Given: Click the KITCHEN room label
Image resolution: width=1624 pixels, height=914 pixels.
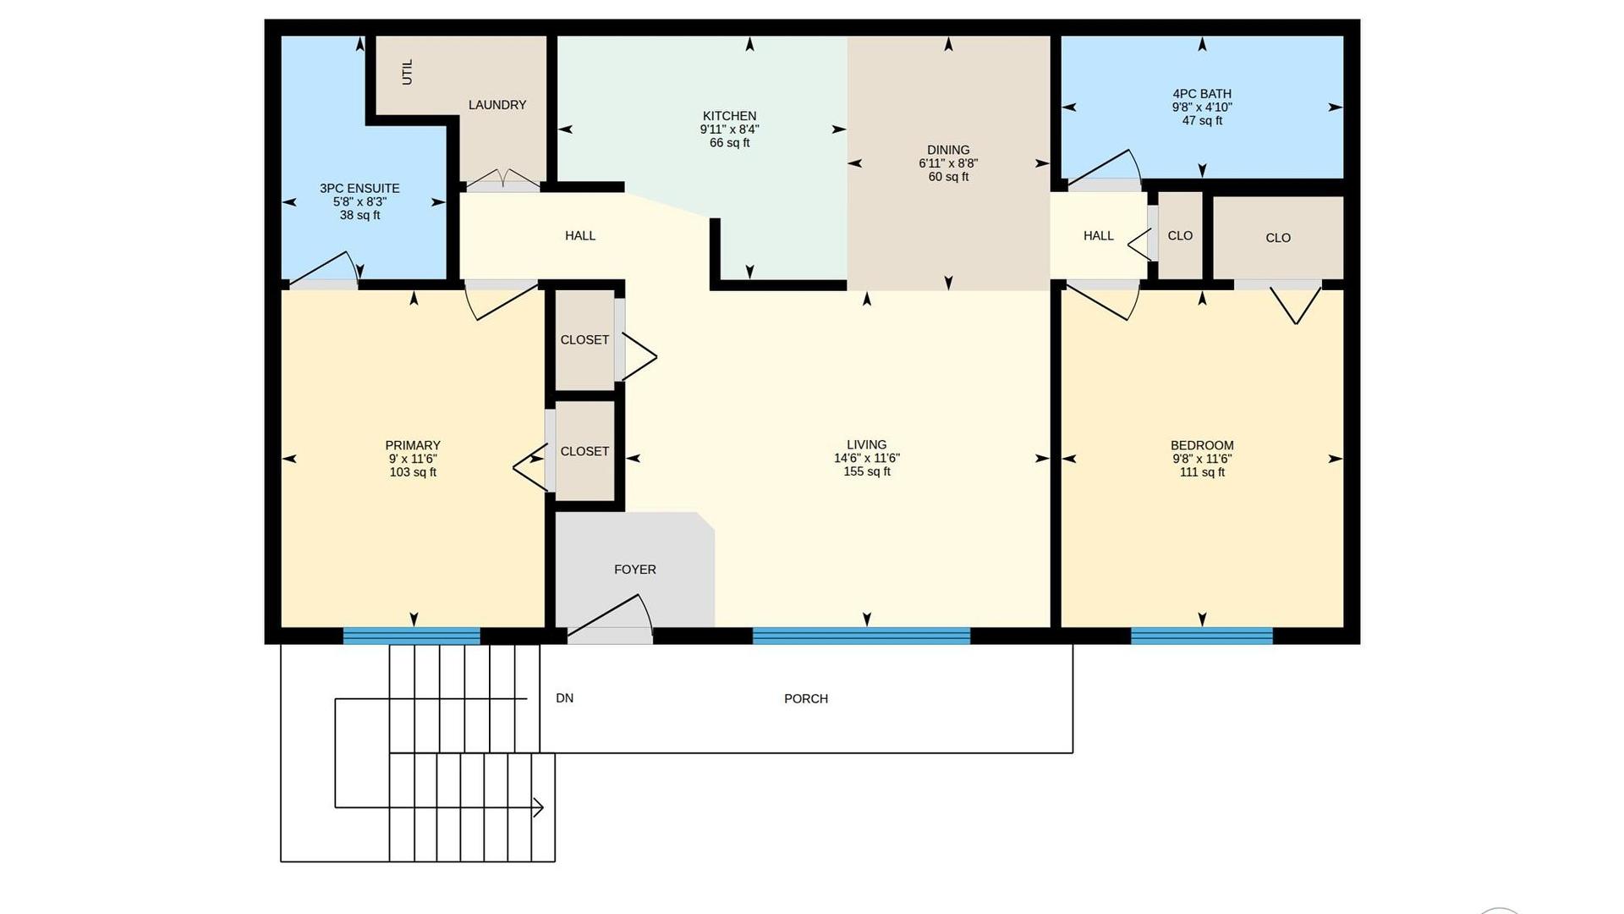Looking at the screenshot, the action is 729,116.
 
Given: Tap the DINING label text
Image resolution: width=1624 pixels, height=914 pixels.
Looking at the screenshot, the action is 948,150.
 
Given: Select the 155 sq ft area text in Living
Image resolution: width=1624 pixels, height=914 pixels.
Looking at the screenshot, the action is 866,471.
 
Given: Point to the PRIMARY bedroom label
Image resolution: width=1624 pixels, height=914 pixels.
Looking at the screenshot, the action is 413,445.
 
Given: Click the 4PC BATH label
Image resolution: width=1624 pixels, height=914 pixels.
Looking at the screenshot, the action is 1202,94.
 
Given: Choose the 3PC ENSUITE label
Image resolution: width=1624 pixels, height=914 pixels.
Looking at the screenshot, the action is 359,189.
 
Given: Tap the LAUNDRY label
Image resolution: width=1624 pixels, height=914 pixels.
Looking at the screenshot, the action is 497,105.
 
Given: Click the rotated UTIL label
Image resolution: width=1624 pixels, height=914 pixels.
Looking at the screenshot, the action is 408,72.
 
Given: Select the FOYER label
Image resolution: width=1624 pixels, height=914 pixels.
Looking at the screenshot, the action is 635,570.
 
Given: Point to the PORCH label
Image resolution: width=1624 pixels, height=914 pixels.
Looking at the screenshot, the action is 806,699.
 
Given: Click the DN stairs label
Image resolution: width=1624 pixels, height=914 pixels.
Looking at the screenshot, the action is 564,698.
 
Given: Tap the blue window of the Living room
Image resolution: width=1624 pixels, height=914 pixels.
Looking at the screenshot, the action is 861,636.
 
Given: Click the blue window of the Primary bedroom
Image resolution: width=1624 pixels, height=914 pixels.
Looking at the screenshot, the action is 412,636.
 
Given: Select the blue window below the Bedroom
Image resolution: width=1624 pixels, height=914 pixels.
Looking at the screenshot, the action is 1202,636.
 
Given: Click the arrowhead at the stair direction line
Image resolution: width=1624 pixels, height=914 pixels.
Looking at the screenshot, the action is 538,807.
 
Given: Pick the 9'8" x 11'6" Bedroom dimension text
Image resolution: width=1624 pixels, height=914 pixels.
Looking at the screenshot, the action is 1202,459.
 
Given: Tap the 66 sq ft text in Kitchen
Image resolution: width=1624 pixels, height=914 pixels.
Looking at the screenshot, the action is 729,143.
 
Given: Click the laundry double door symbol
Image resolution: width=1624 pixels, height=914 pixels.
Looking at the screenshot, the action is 503,178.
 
